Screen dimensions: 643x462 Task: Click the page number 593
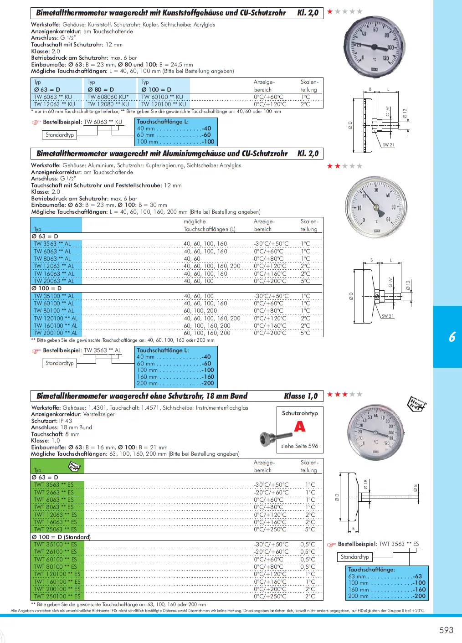(x=446, y=630)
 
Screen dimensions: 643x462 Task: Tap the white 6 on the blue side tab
(x=452, y=337)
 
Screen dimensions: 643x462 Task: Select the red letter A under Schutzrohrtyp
(x=300, y=427)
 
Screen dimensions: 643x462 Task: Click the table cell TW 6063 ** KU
(x=52, y=97)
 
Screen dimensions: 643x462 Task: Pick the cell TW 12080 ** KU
(x=108, y=104)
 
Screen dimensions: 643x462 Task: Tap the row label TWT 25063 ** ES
(x=55, y=530)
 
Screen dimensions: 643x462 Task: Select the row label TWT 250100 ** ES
(x=57, y=596)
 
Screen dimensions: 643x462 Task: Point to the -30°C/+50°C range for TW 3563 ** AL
(x=271, y=244)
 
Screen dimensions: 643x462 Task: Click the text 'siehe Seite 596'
(x=299, y=446)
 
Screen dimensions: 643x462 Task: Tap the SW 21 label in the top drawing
(x=388, y=145)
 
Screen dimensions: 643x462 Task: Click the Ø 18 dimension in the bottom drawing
(x=365, y=484)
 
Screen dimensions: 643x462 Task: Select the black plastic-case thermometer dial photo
(x=374, y=47)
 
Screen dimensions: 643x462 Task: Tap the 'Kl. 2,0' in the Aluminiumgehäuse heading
(x=308, y=154)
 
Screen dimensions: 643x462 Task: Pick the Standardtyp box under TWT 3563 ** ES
(x=355, y=557)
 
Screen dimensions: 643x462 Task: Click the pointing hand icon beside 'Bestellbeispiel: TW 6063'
(x=36, y=122)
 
